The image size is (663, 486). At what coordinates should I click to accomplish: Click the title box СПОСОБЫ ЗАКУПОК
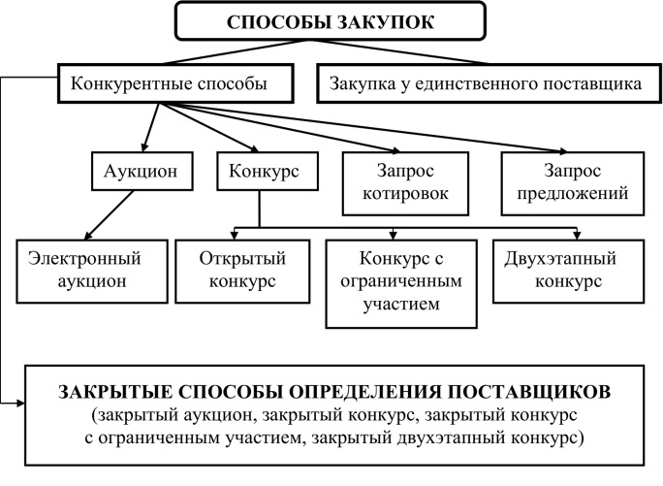(x=331, y=21)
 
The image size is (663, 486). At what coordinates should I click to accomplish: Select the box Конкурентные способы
(x=175, y=83)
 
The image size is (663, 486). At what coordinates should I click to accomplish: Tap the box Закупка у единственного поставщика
(x=489, y=83)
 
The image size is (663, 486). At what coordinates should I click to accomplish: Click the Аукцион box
(x=142, y=171)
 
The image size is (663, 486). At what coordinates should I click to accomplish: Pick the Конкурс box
(x=268, y=171)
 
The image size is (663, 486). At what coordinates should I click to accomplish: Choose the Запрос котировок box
(x=405, y=183)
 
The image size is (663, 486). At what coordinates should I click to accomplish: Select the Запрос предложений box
(x=573, y=183)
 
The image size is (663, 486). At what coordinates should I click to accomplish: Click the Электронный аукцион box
(x=92, y=272)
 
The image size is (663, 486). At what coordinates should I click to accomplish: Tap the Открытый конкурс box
(x=242, y=272)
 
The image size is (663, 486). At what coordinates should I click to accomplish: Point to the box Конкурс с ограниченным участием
(x=401, y=283)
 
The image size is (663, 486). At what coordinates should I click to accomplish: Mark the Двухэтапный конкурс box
(x=568, y=272)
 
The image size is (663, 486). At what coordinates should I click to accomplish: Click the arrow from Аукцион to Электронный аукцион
(x=110, y=215)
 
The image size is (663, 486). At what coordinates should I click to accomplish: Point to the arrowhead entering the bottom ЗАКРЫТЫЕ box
(x=20, y=403)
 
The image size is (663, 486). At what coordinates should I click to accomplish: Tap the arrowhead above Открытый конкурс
(x=235, y=235)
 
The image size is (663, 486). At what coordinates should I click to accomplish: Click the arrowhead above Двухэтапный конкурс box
(x=577, y=235)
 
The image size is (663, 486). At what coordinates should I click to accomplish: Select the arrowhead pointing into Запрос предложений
(x=562, y=151)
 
